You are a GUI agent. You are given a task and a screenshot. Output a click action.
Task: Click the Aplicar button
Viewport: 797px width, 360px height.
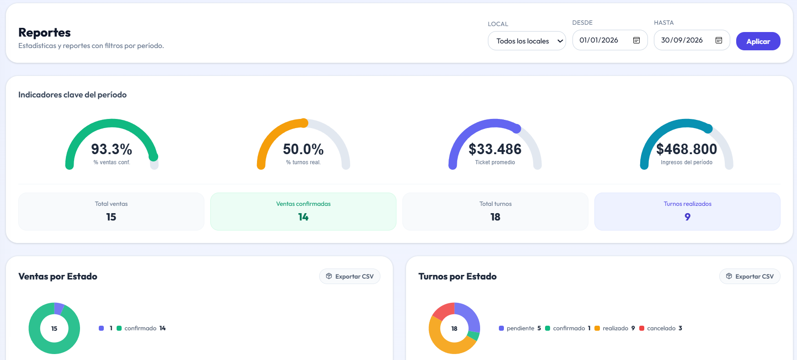(758, 41)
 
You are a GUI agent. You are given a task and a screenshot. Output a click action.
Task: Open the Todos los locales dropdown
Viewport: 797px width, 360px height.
(527, 41)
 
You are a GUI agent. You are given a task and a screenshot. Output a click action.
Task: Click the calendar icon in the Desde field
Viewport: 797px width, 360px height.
(636, 40)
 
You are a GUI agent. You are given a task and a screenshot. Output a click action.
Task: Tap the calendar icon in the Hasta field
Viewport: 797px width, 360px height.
(718, 40)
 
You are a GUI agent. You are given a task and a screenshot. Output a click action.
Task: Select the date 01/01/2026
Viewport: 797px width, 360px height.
(599, 40)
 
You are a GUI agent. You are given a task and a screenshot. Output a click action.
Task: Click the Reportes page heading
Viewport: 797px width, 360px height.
(44, 32)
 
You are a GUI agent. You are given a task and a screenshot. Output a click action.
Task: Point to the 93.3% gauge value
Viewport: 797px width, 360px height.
(112, 149)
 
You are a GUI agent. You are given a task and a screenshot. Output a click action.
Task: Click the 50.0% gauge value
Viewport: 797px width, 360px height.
(303, 149)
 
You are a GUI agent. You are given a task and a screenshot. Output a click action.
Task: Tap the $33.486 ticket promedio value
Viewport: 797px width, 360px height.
(495, 149)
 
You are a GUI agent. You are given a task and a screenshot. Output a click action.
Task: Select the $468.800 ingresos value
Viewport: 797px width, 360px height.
(687, 149)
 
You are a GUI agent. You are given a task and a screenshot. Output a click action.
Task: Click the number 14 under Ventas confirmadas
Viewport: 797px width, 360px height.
(303, 217)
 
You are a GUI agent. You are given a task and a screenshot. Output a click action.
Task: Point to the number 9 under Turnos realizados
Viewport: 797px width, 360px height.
(687, 217)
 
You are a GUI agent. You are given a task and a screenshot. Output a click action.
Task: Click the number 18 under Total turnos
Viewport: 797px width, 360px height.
(495, 217)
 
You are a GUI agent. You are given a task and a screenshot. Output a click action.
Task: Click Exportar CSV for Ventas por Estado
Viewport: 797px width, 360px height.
(350, 276)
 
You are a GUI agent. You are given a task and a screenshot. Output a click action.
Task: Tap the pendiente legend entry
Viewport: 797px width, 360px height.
(520, 328)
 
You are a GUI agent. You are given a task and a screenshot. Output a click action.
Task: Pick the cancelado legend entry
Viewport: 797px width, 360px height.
(661, 328)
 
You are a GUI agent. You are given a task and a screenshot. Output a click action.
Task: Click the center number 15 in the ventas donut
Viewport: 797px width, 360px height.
(54, 328)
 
